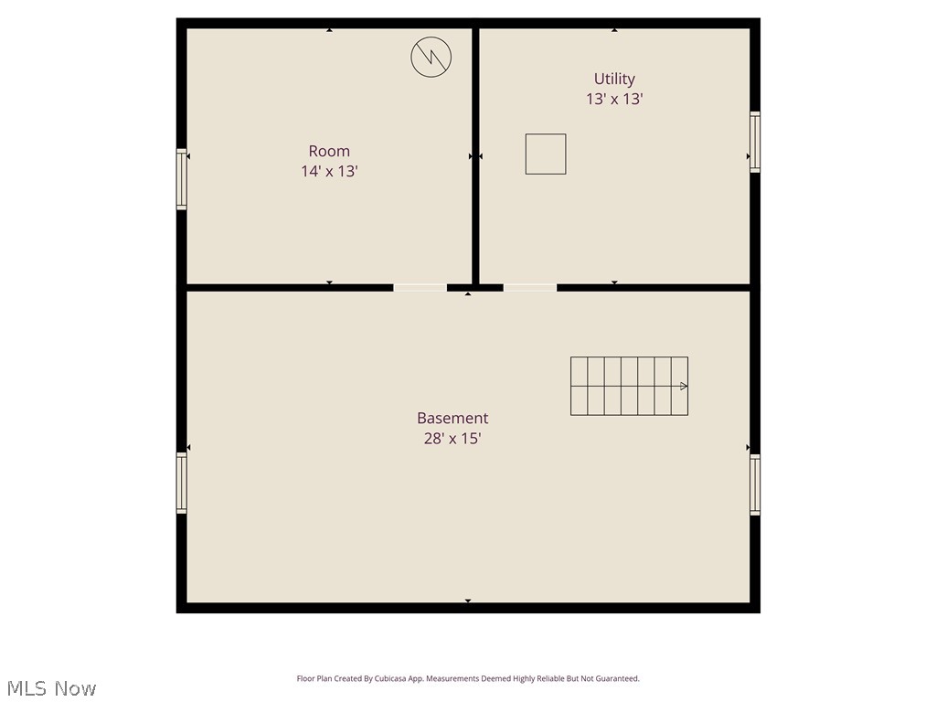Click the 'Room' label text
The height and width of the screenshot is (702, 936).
[329, 151]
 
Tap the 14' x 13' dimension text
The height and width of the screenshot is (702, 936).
[329, 171]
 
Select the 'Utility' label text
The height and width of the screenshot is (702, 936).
[614, 79]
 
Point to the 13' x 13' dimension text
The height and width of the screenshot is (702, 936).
[614, 99]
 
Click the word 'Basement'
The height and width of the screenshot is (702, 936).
[452, 418]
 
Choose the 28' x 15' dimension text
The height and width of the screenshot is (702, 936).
[452, 438]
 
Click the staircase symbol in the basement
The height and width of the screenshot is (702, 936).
[629, 386]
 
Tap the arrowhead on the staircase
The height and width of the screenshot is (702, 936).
[684, 386]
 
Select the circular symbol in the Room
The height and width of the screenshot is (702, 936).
[431, 58]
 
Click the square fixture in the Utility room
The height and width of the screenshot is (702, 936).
[546, 154]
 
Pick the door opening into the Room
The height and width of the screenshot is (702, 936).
[420, 288]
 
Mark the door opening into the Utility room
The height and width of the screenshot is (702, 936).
[530, 288]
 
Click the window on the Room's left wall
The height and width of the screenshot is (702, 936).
[182, 179]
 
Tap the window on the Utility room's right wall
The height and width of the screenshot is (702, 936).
[755, 142]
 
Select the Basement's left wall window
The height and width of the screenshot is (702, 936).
[182, 483]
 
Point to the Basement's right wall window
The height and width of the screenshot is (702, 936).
[755, 484]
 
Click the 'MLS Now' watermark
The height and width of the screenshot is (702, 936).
[51, 688]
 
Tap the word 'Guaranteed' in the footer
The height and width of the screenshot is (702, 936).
[619, 679]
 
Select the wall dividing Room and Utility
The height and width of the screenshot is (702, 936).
[475, 155]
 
